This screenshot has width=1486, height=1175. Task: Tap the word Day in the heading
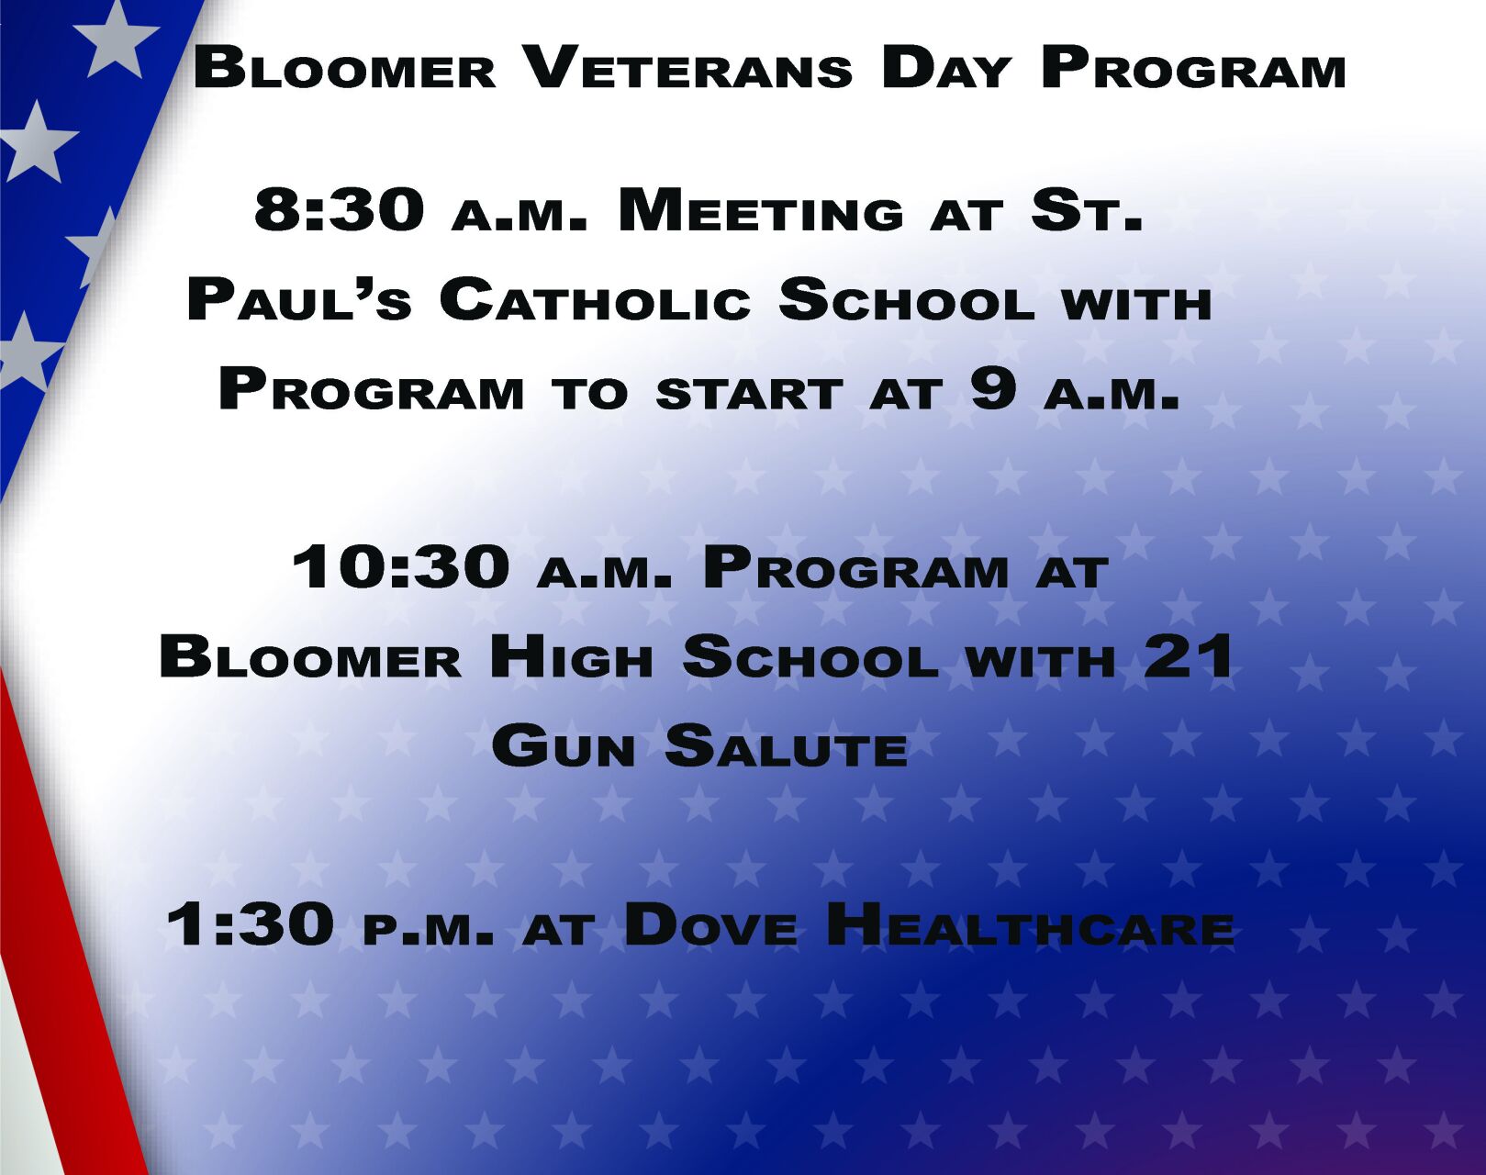945,70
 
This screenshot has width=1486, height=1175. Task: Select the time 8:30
339,210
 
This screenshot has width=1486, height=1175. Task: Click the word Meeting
761,212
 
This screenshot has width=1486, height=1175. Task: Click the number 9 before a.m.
993,389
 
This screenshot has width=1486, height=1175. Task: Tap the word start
748,394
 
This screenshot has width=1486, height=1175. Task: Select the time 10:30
401,566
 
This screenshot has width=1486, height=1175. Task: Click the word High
570,658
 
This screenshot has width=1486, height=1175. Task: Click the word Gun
564,746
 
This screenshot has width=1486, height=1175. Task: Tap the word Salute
787,746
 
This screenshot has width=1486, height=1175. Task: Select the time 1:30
251,924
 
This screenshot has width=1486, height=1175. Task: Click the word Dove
710,925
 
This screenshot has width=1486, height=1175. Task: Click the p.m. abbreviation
428,930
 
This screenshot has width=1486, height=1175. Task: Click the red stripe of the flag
64,918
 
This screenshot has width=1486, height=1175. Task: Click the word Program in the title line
1193,70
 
